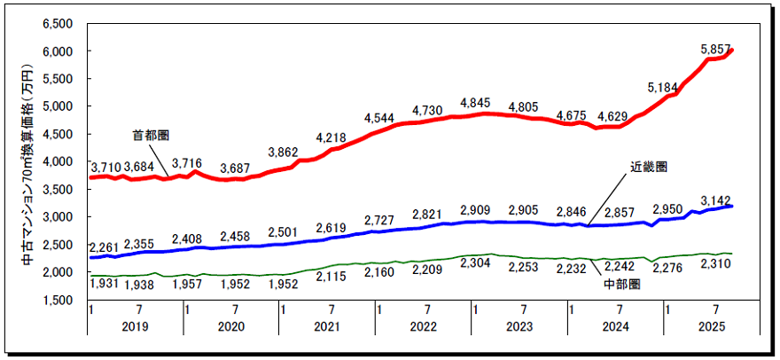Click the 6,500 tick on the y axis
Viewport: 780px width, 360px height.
click(58, 23)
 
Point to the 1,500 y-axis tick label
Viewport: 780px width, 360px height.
click(58, 300)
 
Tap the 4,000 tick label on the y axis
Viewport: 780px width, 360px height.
click(58, 161)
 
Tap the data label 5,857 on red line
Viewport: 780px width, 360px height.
click(714, 49)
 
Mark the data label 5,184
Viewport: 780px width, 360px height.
click(663, 87)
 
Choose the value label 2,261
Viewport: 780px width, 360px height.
click(106, 246)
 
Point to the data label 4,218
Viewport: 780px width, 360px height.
click(331, 137)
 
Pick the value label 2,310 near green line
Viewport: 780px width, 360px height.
click(714, 267)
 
